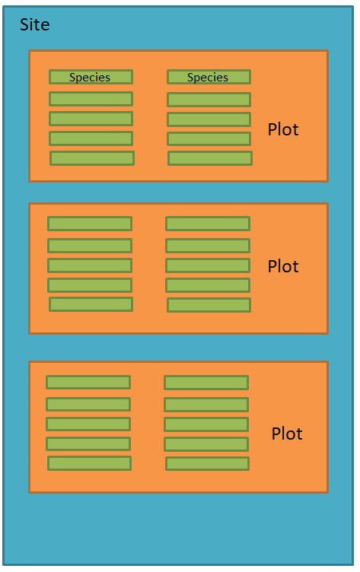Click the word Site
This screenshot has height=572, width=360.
[35, 25]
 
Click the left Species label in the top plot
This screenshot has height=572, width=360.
[90, 78]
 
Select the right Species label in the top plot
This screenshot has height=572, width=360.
[208, 78]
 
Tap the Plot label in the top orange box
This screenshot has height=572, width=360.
[283, 129]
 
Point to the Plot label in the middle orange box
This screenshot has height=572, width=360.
[283, 266]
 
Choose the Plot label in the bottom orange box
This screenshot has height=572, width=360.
[287, 434]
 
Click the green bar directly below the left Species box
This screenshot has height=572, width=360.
[91, 99]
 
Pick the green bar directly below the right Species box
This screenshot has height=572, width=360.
[209, 100]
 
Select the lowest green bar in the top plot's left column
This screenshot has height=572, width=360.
[92, 158]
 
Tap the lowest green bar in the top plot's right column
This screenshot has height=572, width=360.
[210, 158]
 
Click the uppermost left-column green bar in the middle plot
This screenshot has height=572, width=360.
[90, 224]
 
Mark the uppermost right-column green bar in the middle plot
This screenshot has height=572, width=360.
[208, 224]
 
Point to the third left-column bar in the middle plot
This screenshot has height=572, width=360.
[90, 265]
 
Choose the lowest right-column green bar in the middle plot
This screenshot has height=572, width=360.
[209, 305]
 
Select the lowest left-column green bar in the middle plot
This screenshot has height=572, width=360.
[91, 304]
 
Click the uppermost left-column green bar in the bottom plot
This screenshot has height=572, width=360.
[88, 383]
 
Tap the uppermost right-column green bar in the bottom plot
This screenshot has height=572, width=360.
[206, 383]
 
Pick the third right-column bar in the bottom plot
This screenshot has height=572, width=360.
[206, 424]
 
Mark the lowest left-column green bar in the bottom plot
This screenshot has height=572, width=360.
[90, 463]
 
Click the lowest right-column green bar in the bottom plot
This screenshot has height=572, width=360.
[207, 464]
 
